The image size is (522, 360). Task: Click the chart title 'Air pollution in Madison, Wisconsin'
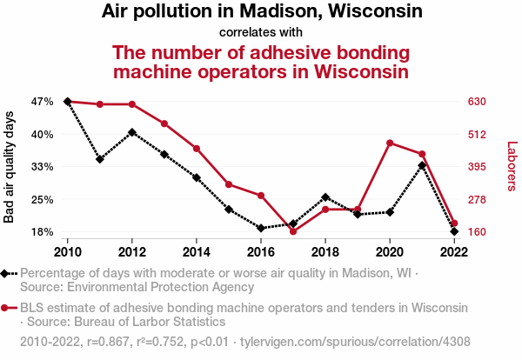coord(262,12)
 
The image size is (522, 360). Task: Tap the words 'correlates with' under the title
coord(261,32)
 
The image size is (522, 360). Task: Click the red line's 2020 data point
coord(390,143)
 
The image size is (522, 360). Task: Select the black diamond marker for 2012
coord(132,132)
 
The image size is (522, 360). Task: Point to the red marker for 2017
coord(293,231)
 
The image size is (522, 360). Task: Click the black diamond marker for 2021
coord(422,165)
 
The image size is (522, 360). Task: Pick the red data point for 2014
coord(197,149)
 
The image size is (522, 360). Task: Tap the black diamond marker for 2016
coord(261,228)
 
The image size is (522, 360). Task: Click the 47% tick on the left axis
coord(42,102)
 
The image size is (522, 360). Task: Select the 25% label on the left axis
coord(42,199)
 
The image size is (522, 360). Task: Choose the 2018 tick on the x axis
coord(325,251)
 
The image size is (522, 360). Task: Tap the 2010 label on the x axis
coord(68,251)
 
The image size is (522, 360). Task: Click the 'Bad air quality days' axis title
coord(10,166)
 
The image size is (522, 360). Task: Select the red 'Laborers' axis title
coord(512,166)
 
